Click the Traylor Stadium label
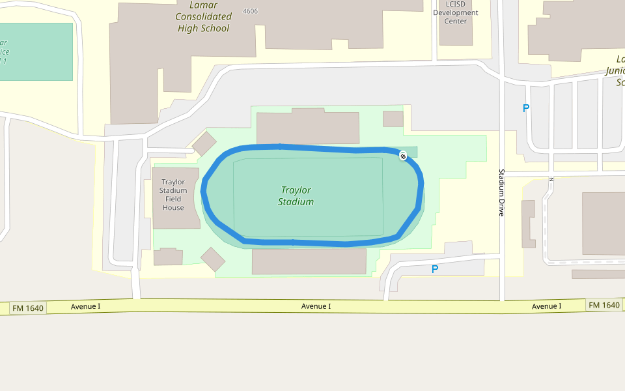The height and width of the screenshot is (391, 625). coord(296,196)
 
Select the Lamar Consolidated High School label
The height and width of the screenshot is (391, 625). coord(204,17)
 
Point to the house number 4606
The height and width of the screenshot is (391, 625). coord(250,12)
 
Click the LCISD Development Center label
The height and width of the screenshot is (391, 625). coord(456,13)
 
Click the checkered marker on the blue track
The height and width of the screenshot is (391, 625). coord(404,155)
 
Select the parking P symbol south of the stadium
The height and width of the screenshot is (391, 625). coord(435,269)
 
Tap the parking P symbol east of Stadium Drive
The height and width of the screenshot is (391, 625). coord(526,109)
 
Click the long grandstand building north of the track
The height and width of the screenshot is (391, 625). coord(308,128)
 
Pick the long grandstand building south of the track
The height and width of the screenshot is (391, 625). coord(309,261)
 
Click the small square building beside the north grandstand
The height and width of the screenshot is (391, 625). coord(393,119)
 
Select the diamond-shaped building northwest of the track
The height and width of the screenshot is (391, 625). coord(204,144)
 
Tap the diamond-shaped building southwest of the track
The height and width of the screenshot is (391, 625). coord(212,259)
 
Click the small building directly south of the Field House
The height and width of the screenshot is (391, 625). coord(168,257)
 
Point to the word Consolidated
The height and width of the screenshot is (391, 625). coord(204,17)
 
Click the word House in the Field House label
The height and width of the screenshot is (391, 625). coord(174,208)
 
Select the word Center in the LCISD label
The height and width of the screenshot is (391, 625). coord(456,21)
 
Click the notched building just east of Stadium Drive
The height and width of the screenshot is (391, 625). coord(528,224)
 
